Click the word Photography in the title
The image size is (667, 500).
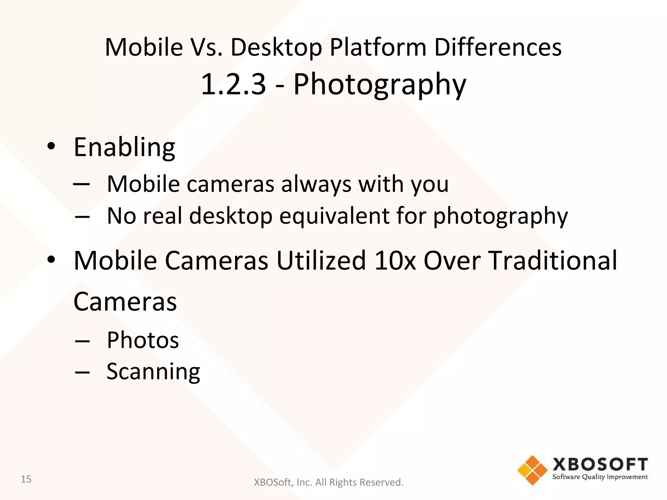[380, 85]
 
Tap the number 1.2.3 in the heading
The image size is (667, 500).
[233, 85]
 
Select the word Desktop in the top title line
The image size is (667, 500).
[276, 48]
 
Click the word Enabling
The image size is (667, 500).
[124, 147]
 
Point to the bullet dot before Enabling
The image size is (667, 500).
[51, 146]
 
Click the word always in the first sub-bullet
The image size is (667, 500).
[316, 184]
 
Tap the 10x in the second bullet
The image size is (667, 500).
[395, 260]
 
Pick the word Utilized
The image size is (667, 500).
[321, 260]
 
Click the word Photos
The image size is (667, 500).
[143, 340]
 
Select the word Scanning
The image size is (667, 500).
[153, 372]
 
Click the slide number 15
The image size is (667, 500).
[26, 479]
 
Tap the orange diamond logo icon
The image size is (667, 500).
[532, 470]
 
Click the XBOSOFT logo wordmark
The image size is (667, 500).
[600, 464]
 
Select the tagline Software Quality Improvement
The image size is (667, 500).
[600, 477]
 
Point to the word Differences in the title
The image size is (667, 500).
[498, 48]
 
